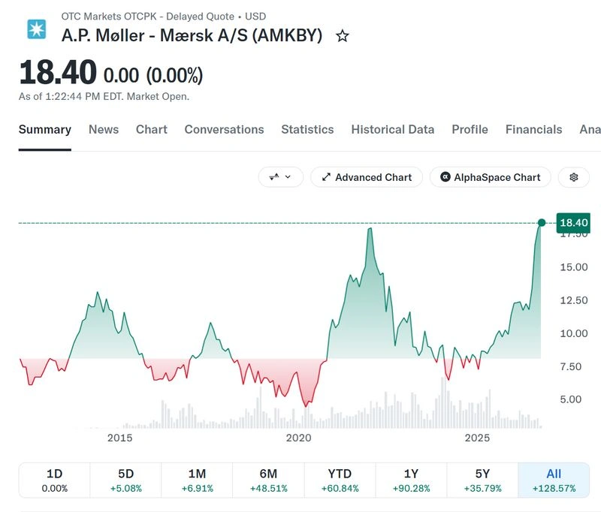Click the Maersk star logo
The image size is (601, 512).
36,29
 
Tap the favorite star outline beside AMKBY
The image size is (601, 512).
343,36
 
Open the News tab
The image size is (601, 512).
104,129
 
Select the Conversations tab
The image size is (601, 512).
224,129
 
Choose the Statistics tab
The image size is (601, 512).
307,129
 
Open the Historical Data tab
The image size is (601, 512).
392,129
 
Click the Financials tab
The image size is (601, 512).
533,129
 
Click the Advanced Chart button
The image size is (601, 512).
367,177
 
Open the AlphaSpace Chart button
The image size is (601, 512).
491,177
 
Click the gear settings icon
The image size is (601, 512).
574,177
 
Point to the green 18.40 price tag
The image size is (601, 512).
573,223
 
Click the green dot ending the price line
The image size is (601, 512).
542,223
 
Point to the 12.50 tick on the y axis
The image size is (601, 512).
574,300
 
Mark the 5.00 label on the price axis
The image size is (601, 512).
571,399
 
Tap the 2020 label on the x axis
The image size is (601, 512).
298,438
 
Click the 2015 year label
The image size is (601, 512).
119,438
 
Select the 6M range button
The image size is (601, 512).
268,480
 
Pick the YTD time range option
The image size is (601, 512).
340,480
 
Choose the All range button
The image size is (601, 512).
554,480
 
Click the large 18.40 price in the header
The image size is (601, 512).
58,72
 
